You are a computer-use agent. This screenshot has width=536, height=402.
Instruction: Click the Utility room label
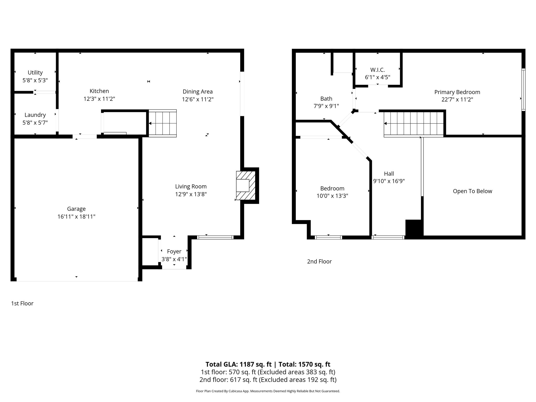[x=35, y=72]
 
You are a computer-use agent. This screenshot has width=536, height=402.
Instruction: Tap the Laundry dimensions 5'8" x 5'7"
[x=35, y=122]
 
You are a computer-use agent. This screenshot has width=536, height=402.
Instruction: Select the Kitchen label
[x=99, y=91]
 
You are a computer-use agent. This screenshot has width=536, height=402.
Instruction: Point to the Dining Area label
[x=198, y=92]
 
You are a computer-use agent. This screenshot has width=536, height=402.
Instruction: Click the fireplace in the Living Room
[x=245, y=186]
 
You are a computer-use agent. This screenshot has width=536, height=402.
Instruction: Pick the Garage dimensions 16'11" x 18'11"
[x=76, y=217]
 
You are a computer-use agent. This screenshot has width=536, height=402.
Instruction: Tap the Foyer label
[x=174, y=252]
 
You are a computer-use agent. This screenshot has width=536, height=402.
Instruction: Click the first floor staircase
[x=163, y=123]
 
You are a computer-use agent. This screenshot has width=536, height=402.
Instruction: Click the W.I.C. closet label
[x=377, y=70]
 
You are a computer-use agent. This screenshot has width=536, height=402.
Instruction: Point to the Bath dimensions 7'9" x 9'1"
[x=326, y=106]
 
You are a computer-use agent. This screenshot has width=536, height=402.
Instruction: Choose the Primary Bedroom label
[x=457, y=92]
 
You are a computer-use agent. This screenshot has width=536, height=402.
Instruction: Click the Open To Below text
[x=472, y=191]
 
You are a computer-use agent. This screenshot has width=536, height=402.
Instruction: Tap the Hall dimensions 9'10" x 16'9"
[x=389, y=181]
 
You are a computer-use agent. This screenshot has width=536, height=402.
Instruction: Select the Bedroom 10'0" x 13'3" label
[x=332, y=188]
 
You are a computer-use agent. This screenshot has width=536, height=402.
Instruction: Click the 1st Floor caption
[x=22, y=303]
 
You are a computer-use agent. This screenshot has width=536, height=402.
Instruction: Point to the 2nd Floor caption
[x=319, y=261]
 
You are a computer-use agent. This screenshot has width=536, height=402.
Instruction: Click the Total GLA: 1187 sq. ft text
[x=238, y=364]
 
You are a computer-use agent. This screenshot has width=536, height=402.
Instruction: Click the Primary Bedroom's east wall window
[x=523, y=90]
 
